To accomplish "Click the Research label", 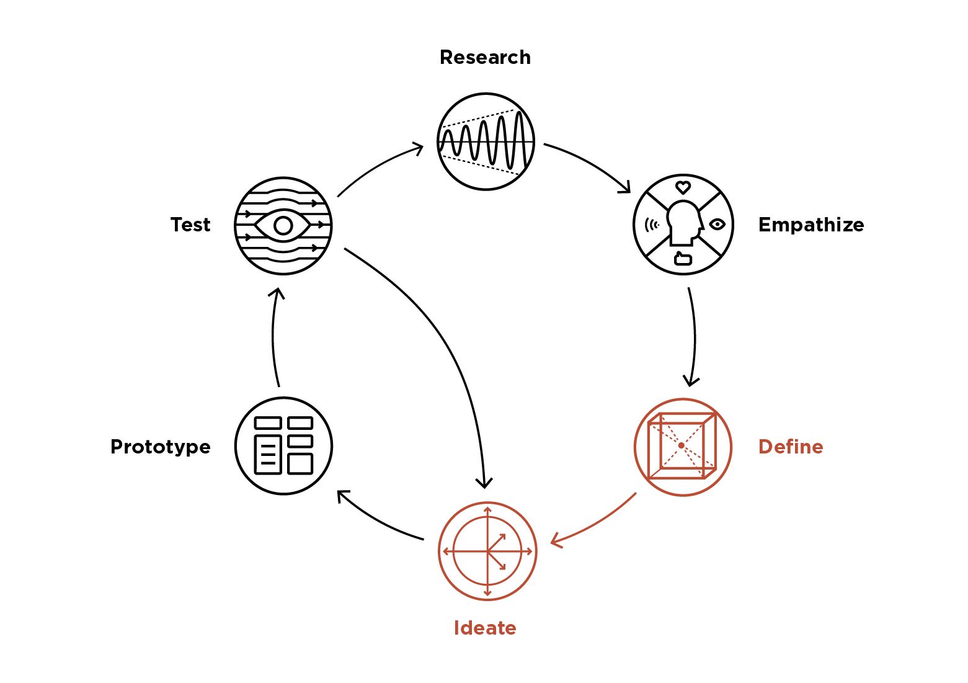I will (485, 58).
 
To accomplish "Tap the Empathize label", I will (810, 225).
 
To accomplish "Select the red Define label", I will (790, 447).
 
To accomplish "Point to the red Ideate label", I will (484, 628).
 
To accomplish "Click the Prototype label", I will (160, 447).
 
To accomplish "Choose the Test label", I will (190, 225).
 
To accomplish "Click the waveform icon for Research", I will (486, 141).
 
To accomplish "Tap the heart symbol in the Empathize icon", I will (683, 187).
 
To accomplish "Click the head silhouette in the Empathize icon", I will (683, 222).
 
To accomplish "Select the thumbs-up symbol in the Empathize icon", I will (683, 258).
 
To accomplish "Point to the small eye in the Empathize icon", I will (717, 225).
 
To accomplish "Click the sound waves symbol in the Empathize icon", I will (651, 225).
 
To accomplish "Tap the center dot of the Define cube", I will (681, 445).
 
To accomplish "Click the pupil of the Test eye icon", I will (283, 225).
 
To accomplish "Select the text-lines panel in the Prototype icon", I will (268, 454).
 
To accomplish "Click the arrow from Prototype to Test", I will (273, 338).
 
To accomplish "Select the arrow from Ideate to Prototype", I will (378, 521).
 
